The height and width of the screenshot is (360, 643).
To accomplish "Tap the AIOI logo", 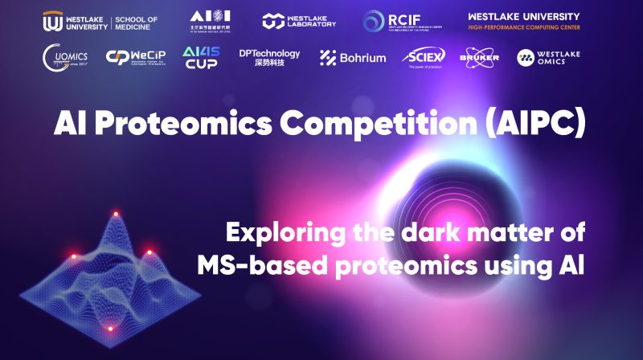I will [x=211, y=22].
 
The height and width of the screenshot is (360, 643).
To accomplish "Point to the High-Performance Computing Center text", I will [x=523, y=27].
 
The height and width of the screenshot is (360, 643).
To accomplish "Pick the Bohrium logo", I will [x=353, y=57].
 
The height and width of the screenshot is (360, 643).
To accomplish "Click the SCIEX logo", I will [x=426, y=57].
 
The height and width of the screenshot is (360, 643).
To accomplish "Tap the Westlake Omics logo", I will [x=548, y=57].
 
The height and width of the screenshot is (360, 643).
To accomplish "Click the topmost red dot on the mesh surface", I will [x=115, y=214].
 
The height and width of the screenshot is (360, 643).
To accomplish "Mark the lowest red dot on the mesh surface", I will [x=111, y=327].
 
